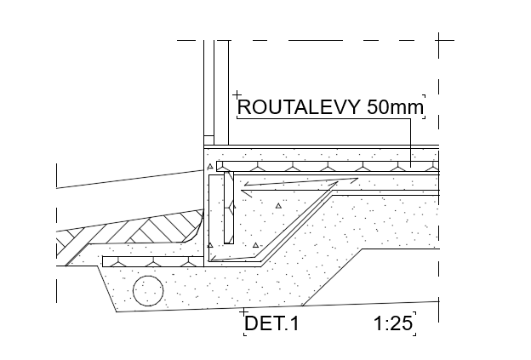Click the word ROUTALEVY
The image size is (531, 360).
coord(299,107)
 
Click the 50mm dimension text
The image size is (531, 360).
coord(395,107)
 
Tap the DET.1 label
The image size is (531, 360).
coord(272,323)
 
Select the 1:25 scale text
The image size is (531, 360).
coord(393,323)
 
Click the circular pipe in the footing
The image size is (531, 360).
coord(148,291)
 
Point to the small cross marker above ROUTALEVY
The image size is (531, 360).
coord(237,94)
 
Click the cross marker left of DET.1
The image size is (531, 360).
coord(244,311)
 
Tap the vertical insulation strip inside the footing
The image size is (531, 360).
coord(229,208)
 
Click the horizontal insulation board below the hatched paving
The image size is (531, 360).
coord(153,261)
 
